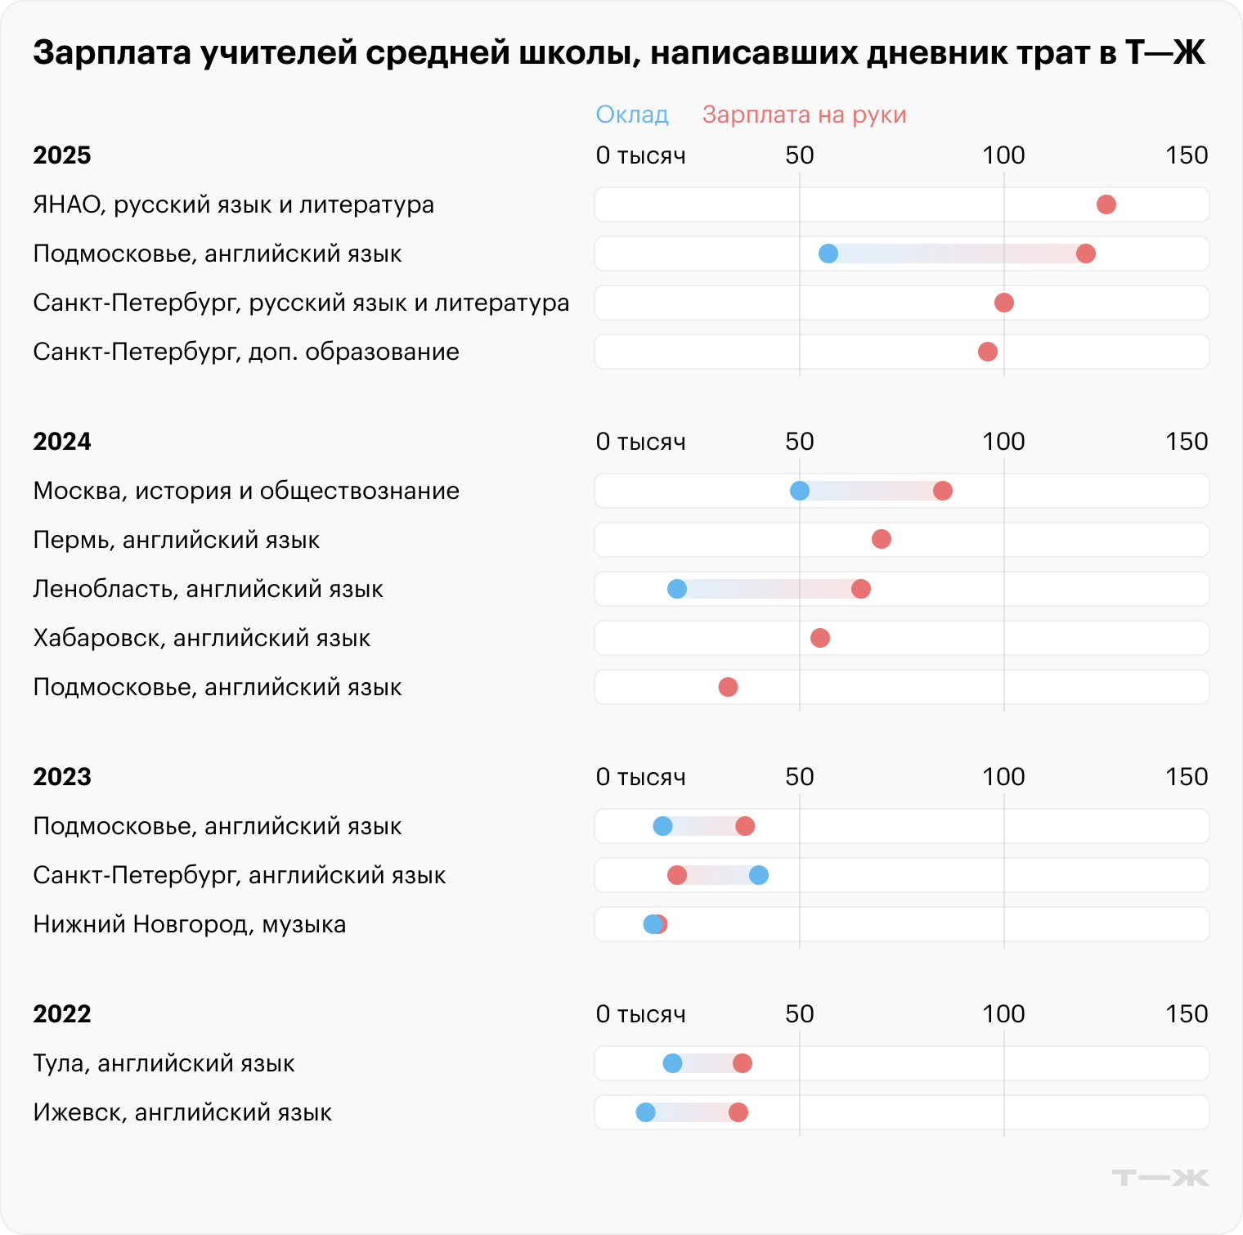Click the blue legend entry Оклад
(x=632, y=115)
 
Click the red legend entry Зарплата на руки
(x=804, y=115)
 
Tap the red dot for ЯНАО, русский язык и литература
(x=1106, y=204)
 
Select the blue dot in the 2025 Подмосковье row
(x=828, y=254)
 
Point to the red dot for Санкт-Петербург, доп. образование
(x=987, y=352)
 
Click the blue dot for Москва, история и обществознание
(x=799, y=491)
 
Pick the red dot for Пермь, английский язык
(x=881, y=539)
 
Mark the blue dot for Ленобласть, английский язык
(x=676, y=589)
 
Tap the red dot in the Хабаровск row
(x=819, y=638)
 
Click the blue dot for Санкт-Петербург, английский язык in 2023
(x=758, y=875)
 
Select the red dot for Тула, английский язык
(x=742, y=1063)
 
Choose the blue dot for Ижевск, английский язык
(x=645, y=1112)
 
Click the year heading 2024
(x=61, y=442)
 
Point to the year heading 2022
(x=61, y=1014)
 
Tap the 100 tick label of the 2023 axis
(x=1003, y=777)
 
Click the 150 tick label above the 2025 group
(x=1186, y=155)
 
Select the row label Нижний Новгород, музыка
(x=189, y=924)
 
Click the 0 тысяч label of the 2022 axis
(x=640, y=1014)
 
